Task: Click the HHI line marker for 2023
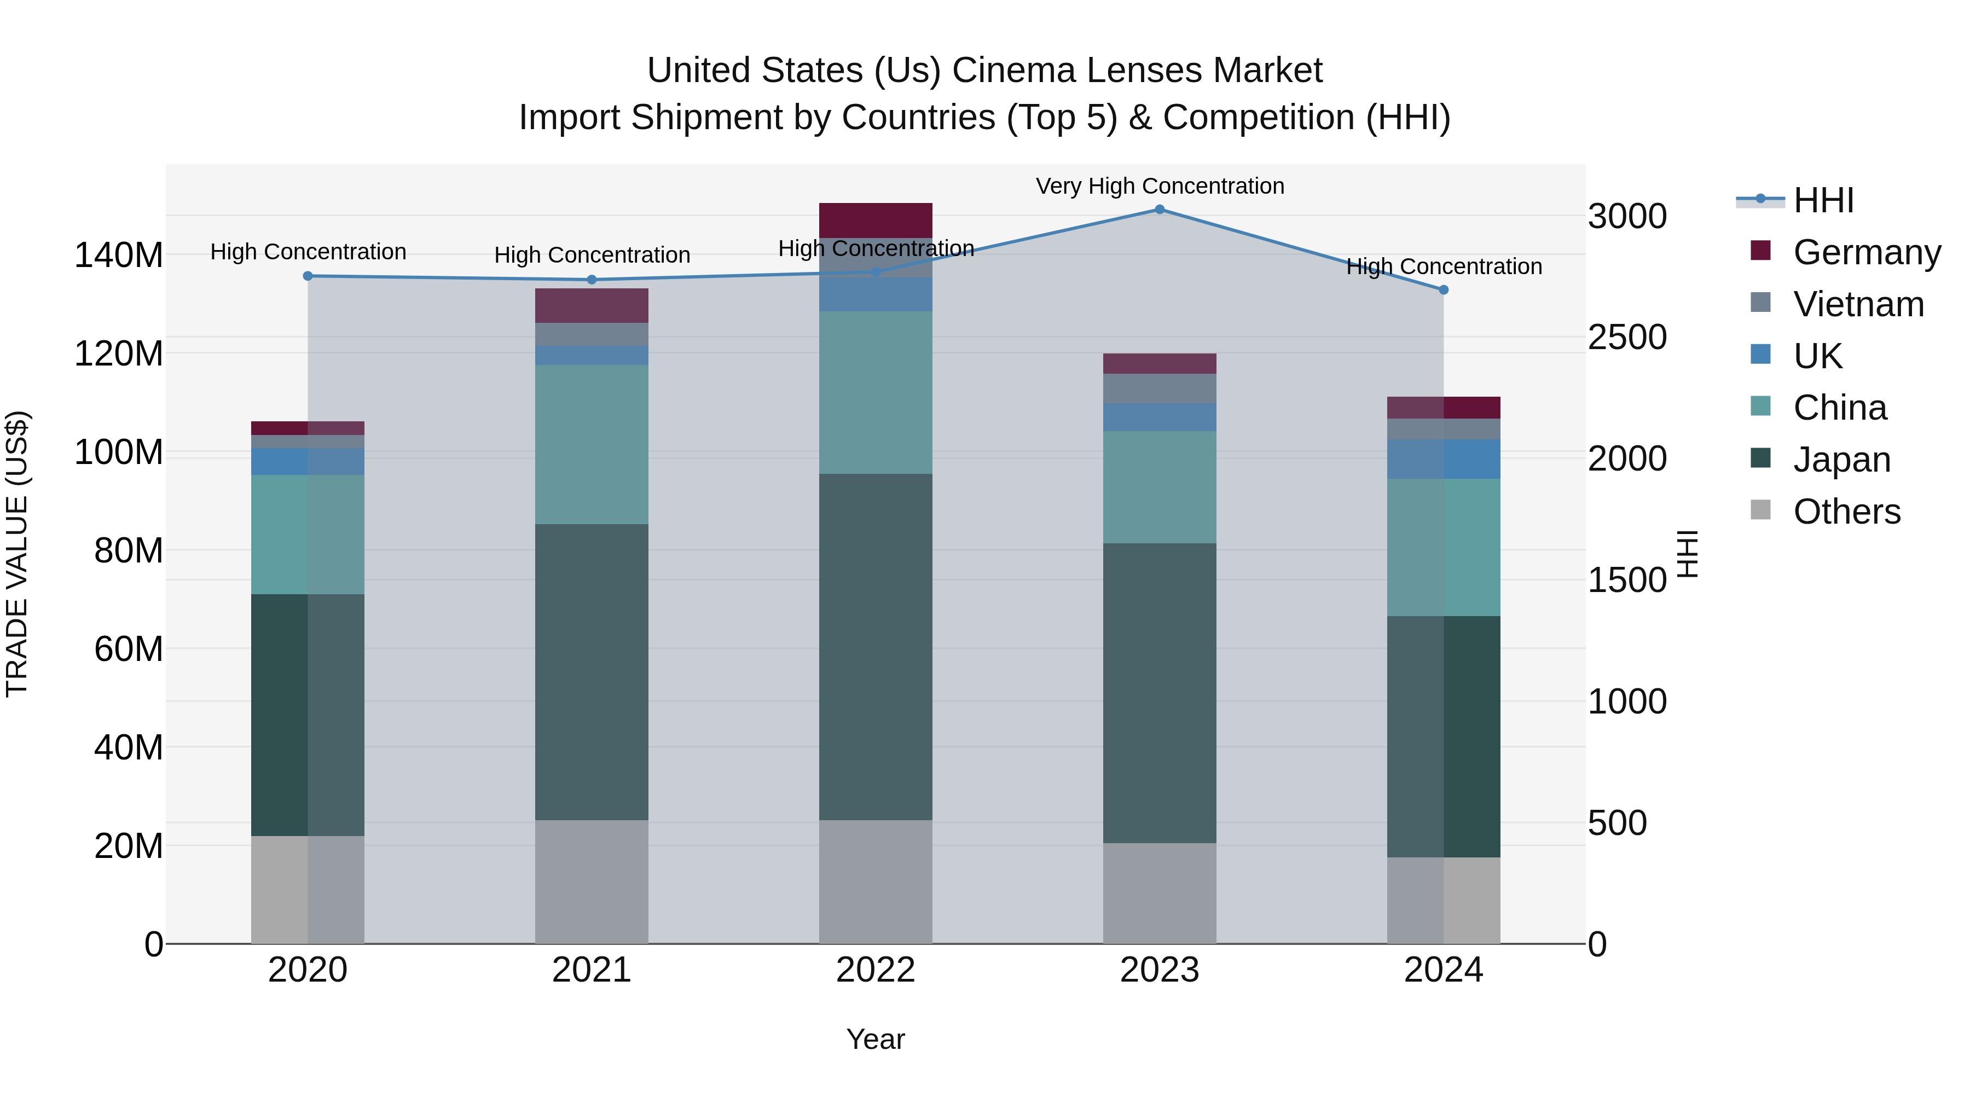[x=1160, y=210]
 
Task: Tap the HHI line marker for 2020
[x=308, y=276]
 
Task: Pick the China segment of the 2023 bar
[x=1160, y=487]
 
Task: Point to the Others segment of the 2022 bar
[x=876, y=881]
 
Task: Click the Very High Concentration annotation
[x=1160, y=187]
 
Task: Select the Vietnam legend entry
[x=1858, y=304]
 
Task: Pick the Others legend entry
[x=1846, y=512]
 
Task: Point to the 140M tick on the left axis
[x=119, y=256]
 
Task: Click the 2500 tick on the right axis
[x=1627, y=337]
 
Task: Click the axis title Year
[x=876, y=1039]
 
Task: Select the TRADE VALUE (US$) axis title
[x=18, y=554]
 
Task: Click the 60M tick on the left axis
[x=129, y=649]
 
